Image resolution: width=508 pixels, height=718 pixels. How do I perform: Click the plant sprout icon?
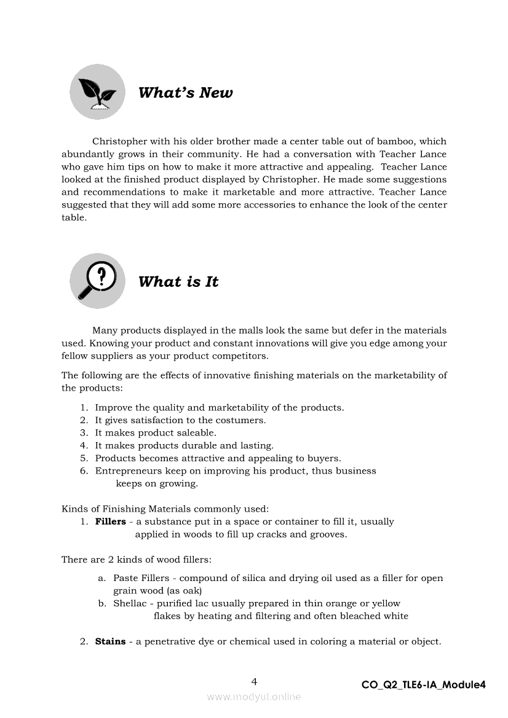click(97, 92)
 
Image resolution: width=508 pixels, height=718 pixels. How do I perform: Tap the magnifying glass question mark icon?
click(97, 281)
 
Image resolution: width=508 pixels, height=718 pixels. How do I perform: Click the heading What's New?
click(185, 93)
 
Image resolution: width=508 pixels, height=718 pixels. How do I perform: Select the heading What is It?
click(178, 282)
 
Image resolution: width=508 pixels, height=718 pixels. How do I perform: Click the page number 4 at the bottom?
click(254, 681)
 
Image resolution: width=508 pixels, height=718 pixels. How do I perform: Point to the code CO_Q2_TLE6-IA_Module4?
click(424, 685)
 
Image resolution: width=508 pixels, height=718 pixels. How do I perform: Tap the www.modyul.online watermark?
click(254, 697)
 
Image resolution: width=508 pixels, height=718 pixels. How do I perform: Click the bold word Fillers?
click(111, 521)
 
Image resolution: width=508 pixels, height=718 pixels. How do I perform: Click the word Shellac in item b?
click(130, 603)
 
